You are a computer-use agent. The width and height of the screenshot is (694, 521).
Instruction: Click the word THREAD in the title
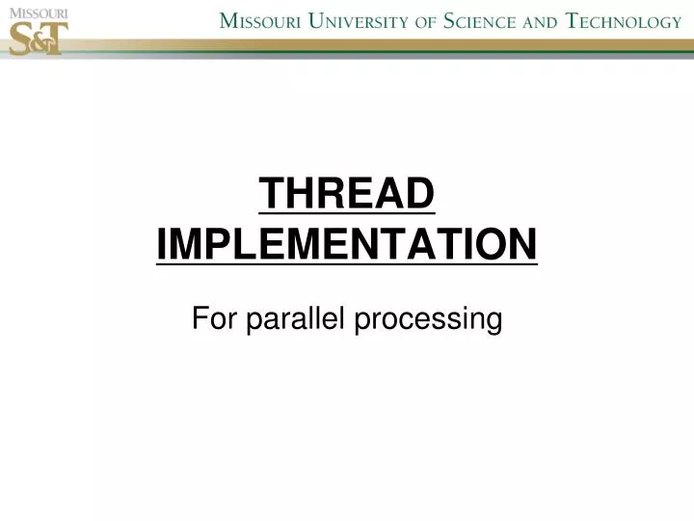[x=347, y=196]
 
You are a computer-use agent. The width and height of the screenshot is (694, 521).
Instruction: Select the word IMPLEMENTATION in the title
[x=347, y=243]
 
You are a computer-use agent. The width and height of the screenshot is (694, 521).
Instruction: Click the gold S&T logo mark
[x=38, y=38]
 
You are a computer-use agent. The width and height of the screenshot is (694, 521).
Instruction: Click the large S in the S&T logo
[x=21, y=38]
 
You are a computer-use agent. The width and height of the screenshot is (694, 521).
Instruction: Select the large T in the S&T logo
[x=54, y=39]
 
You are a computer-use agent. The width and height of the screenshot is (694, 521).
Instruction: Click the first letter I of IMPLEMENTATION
[x=162, y=243]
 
